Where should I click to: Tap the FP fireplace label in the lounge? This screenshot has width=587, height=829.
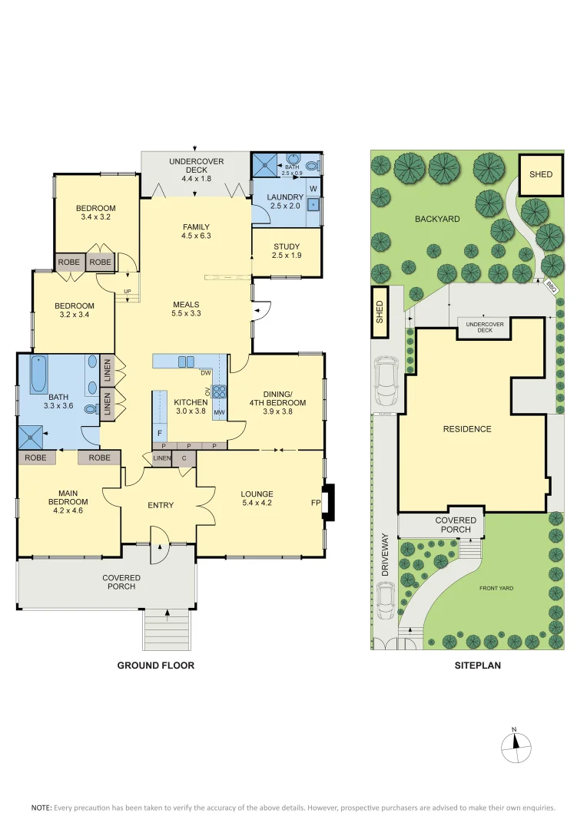tap(315, 504)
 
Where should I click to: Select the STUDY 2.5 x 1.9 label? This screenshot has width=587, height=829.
tap(286, 250)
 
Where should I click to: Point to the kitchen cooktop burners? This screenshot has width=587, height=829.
tap(219, 392)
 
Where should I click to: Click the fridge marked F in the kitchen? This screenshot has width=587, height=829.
tap(159, 432)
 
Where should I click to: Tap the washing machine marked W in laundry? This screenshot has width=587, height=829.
tap(313, 188)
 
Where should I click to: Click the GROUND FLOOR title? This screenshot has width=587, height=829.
tap(155, 666)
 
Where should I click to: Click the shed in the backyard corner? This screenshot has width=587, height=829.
tap(541, 174)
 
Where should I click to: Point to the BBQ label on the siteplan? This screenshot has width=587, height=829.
tap(550, 286)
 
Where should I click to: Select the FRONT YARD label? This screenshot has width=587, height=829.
tap(496, 588)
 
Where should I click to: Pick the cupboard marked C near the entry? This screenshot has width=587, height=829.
tap(184, 458)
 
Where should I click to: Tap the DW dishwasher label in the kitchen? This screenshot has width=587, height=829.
tap(205, 373)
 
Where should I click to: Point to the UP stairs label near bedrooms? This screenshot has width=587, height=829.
tap(127, 290)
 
